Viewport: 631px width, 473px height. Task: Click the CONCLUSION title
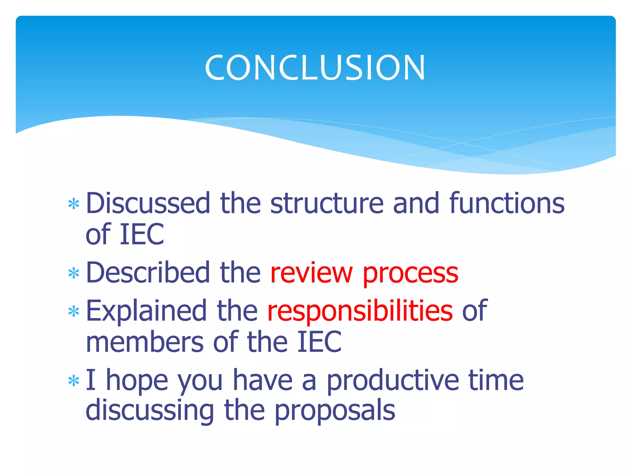[315, 68]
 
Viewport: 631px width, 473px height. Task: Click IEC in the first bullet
[142, 235]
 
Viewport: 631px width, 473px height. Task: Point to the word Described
[148, 273]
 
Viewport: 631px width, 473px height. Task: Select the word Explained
[146, 311]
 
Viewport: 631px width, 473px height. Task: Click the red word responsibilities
[360, 311]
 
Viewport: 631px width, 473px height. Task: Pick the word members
[145, 342]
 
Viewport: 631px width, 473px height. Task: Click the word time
[496, 380]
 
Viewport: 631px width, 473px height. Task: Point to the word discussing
[150, 411]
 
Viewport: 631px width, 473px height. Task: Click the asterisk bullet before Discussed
[74, 204]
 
